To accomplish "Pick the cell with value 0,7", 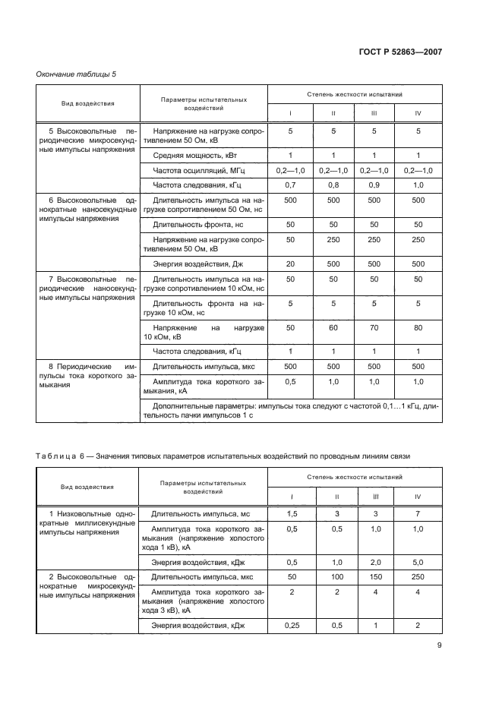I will (x=289, y=185).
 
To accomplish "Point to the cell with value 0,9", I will (x=374, y=185).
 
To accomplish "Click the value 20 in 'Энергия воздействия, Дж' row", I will (x=289, y=263).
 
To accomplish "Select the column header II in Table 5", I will (x=333, y=113).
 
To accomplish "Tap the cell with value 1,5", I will (x=289, y=514).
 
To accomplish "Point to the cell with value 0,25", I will (x=289, y=625).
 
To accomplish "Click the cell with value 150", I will (x=374, y=577).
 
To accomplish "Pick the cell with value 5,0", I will (x=418, y=563).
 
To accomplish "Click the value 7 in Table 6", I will (x=418, y=514).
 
